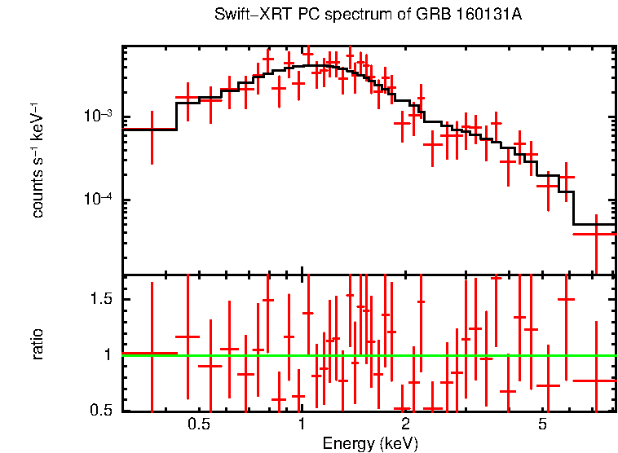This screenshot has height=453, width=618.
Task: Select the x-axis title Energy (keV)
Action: pos(370,443)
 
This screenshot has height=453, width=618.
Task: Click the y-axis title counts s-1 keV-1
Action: pos(38,161)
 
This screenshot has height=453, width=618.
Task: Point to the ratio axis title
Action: pos(38,343)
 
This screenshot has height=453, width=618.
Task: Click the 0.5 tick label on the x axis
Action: pos(199,424)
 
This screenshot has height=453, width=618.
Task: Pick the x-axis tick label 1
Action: pos(302,424)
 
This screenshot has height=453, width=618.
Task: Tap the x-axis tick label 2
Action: pos(405,424)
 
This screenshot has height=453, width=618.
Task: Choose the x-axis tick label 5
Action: pos(542,424)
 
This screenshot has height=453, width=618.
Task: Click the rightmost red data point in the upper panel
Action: pos(595,234)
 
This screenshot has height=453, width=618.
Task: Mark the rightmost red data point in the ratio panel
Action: pos(595,380)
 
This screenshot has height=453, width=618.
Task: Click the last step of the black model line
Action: pos(594,224)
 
